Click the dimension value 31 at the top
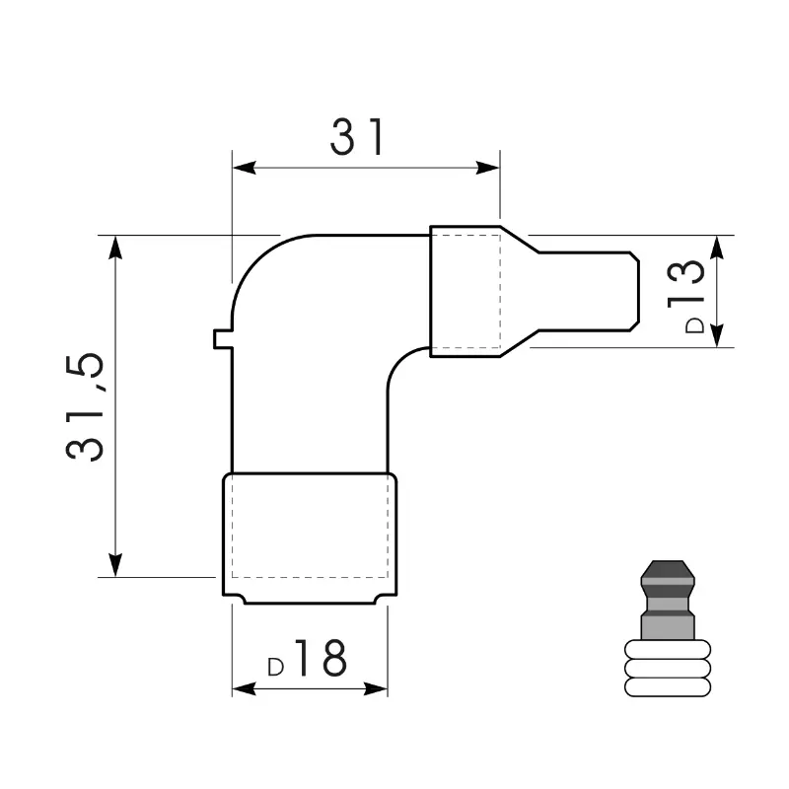click(357, 137)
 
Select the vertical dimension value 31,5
click(85, 406)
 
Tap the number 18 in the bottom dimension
click(322, 658)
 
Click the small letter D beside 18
click(276, 668)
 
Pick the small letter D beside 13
click(695, 325)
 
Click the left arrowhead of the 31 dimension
click(244, 168)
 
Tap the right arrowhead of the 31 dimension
click(488, 168)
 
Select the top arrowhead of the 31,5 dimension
click(115, 248)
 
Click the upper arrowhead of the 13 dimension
click(718, 248)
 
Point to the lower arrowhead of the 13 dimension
click(718, 335)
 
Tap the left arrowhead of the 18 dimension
click(244, 688)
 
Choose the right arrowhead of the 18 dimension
click(376, 688)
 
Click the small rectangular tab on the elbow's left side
click(223, 338)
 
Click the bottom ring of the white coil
click(668, 686)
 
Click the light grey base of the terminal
click(668, 627)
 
